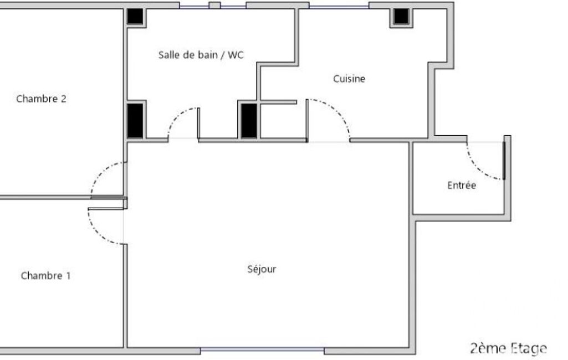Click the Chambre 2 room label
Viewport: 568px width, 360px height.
[42, 99]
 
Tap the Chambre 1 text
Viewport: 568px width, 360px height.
[45, 276]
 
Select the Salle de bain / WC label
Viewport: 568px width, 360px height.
[201, 55]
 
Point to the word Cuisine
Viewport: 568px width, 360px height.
[349, 79]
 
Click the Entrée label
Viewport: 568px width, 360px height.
[462, 186]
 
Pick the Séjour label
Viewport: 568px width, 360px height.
[262, 269]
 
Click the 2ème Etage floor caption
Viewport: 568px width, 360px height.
[509, 348]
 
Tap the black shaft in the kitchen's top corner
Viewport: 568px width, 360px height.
[401, 17]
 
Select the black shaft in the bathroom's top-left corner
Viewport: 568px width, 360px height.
[135, 17]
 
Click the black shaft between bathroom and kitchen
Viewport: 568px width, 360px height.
[249, 121]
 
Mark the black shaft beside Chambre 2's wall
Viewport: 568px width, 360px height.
[135, 121]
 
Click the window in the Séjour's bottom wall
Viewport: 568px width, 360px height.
[262, 350]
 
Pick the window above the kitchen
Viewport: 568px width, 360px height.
[339, 6]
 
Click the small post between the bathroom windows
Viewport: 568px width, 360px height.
[215, 6]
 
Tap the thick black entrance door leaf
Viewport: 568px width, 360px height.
[504, 161]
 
